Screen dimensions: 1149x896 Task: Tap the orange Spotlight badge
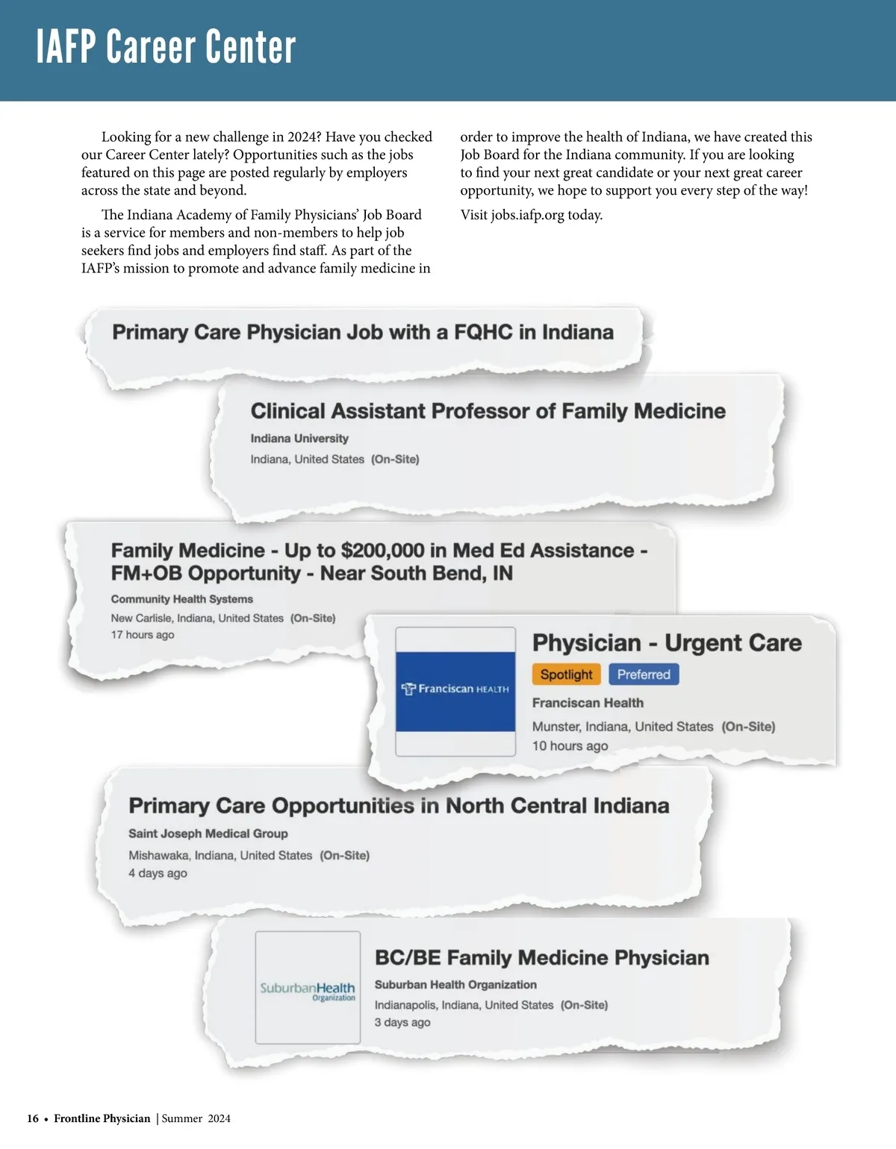coord(566,674)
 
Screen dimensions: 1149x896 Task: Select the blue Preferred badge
coord(644,674)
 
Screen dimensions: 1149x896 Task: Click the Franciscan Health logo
coord(455,691)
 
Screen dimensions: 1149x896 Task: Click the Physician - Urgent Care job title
coord(667,642)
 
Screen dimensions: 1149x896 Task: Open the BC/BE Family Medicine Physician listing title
coord(541,957)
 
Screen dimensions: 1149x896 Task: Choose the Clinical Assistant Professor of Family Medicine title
coord(488,411)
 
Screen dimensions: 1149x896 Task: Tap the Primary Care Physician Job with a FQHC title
coord(363,332)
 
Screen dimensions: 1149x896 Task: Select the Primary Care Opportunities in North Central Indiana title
coord(399,806)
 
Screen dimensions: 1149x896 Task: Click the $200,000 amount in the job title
coord(382,551)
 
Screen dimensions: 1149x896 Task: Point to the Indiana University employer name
coord(299,439)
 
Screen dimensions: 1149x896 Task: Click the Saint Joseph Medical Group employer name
coord(208,833)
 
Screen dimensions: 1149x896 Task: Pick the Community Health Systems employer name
coord(182,599)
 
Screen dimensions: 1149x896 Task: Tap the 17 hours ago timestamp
coord(143,635)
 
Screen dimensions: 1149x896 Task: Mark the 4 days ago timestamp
coord(158,873)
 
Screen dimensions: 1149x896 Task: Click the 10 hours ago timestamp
coord(570,746)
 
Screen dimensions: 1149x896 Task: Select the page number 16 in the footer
coord(33,1118)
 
